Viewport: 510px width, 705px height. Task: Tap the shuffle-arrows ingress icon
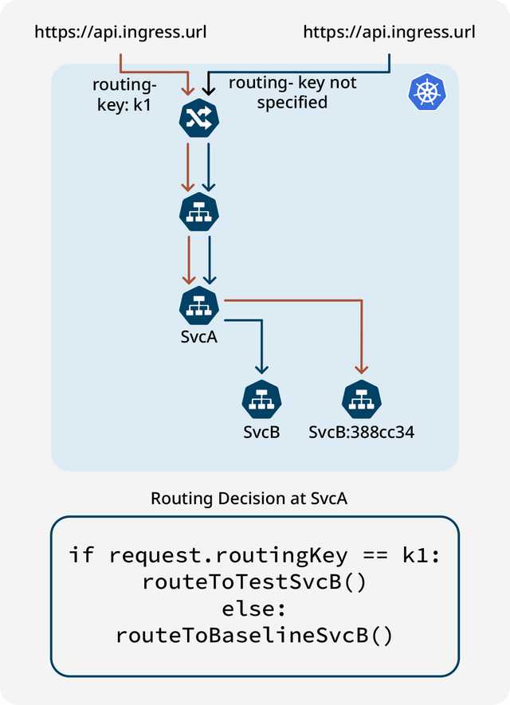[x=198, y=119]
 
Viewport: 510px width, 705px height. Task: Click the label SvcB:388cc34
[x=361, y=433]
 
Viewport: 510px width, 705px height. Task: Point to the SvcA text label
[x=198, y=336]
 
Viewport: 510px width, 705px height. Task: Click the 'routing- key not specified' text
[x=292, y=92]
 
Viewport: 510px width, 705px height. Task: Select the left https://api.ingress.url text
[x=120, y=33]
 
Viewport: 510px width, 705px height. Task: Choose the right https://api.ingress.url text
[x=389, y=33]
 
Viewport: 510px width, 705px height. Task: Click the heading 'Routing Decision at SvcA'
[x=249, y=499]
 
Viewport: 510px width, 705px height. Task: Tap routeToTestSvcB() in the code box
[x=254, y=582]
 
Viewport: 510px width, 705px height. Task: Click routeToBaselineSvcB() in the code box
[x=254, y=636]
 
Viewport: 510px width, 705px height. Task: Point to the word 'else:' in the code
[x=254, y=609]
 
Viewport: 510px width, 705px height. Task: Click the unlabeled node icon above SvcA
[x=198, y=213]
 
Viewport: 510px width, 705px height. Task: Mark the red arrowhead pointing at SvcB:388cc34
[x=361, y=369]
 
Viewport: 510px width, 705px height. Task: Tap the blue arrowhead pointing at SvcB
[x=261, y=369]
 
